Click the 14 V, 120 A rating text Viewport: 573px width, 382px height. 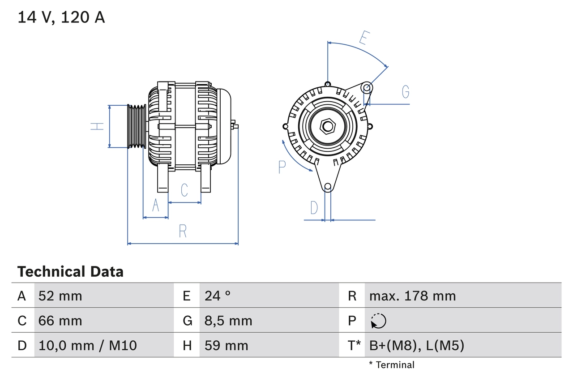pos(61,17)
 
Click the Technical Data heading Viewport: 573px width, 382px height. pos(70,271)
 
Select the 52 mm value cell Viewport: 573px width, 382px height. pos(60,296)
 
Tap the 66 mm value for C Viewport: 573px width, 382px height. pos(60,321)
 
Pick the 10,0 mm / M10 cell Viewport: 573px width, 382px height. pos(88,345)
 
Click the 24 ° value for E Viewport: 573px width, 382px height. pos(218,296)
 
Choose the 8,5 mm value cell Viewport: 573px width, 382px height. pos(228,321)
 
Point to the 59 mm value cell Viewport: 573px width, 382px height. pos(226,345)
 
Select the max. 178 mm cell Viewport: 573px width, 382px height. pos(412,296)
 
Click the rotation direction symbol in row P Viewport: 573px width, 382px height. pos(378,321)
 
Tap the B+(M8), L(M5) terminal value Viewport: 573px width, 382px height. pos(416,345)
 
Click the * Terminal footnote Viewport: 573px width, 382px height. pos(392,365)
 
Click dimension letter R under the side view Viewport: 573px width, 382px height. pos(183,232)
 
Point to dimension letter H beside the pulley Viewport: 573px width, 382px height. pos(97,127)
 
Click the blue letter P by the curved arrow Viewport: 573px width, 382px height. pos(282,167)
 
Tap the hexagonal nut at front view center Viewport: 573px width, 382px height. pos(328,126)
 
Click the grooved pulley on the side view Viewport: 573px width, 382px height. pos(137,126)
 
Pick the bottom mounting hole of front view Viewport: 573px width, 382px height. pos(328,186)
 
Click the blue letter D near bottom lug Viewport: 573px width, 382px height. pos(314,208)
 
